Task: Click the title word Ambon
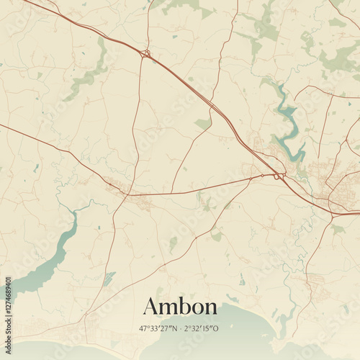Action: coord(180,307)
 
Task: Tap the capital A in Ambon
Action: coord(150,307)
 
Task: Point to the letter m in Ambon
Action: coord(167,309)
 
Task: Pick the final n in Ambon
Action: coord(210,309)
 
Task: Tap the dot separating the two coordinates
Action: coord(179,328)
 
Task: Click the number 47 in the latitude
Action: coord(143,328)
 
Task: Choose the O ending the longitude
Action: coord(217,328)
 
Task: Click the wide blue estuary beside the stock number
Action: coord(43,266)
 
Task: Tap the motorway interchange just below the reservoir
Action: coord(278,176)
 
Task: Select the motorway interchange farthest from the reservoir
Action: coord(145,53)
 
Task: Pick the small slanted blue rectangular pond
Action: coord(109,279)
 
